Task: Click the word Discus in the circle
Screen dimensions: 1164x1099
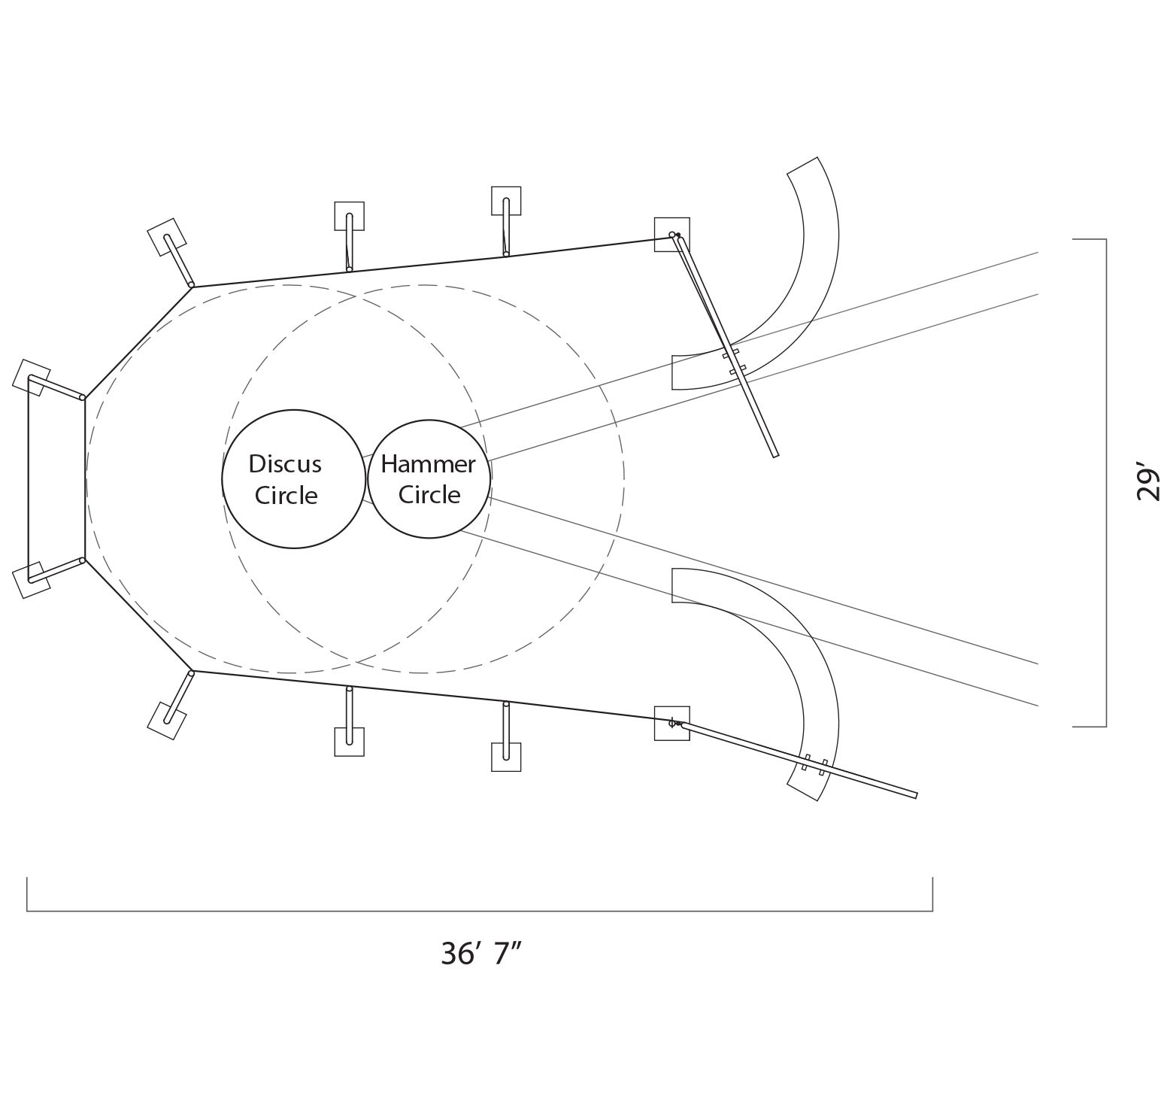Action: coord(285,464)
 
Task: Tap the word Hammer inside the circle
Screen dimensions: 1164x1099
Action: coord(428,464)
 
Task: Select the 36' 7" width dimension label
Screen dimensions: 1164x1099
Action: coord(481,954)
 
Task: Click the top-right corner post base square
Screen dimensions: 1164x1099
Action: coord(671,235)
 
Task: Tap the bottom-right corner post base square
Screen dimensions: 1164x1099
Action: coord(671,724)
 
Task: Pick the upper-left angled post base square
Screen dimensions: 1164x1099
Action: coord(167,237)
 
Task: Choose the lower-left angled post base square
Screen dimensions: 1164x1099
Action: coord(167,721)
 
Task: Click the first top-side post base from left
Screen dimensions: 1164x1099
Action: coord(350,216)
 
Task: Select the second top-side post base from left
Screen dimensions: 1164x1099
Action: coord(506,201)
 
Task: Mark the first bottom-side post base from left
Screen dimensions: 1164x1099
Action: coord(350,742)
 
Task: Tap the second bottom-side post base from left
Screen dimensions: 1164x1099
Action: coord(506,757)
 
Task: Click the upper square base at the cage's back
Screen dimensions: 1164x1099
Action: coord(32,377)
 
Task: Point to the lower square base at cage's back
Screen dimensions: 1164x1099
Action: coord(32,580)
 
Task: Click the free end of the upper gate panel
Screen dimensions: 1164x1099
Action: coord(775,455)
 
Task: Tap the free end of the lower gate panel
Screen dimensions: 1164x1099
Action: coord(916,795)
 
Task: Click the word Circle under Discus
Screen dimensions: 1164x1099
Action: coord(286,496)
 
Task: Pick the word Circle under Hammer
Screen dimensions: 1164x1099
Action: coord(429,495)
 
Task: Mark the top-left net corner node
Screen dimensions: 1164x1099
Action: coord(191,285)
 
